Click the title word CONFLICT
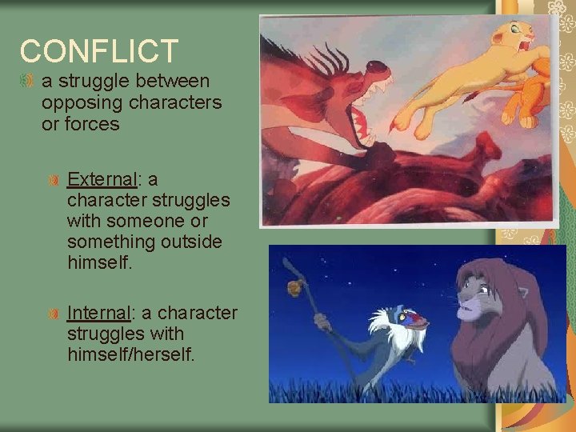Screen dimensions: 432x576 99,51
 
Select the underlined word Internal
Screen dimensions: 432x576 98,312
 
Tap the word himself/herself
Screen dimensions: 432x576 131,354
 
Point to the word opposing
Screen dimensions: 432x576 74,102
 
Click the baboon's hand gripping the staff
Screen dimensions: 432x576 322,322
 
